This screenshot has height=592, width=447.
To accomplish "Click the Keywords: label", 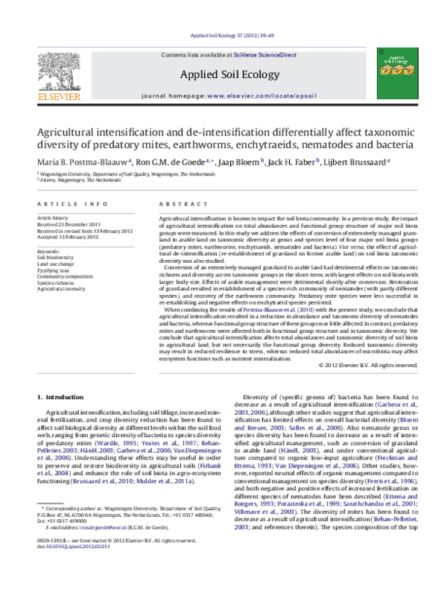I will click(48, 251).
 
